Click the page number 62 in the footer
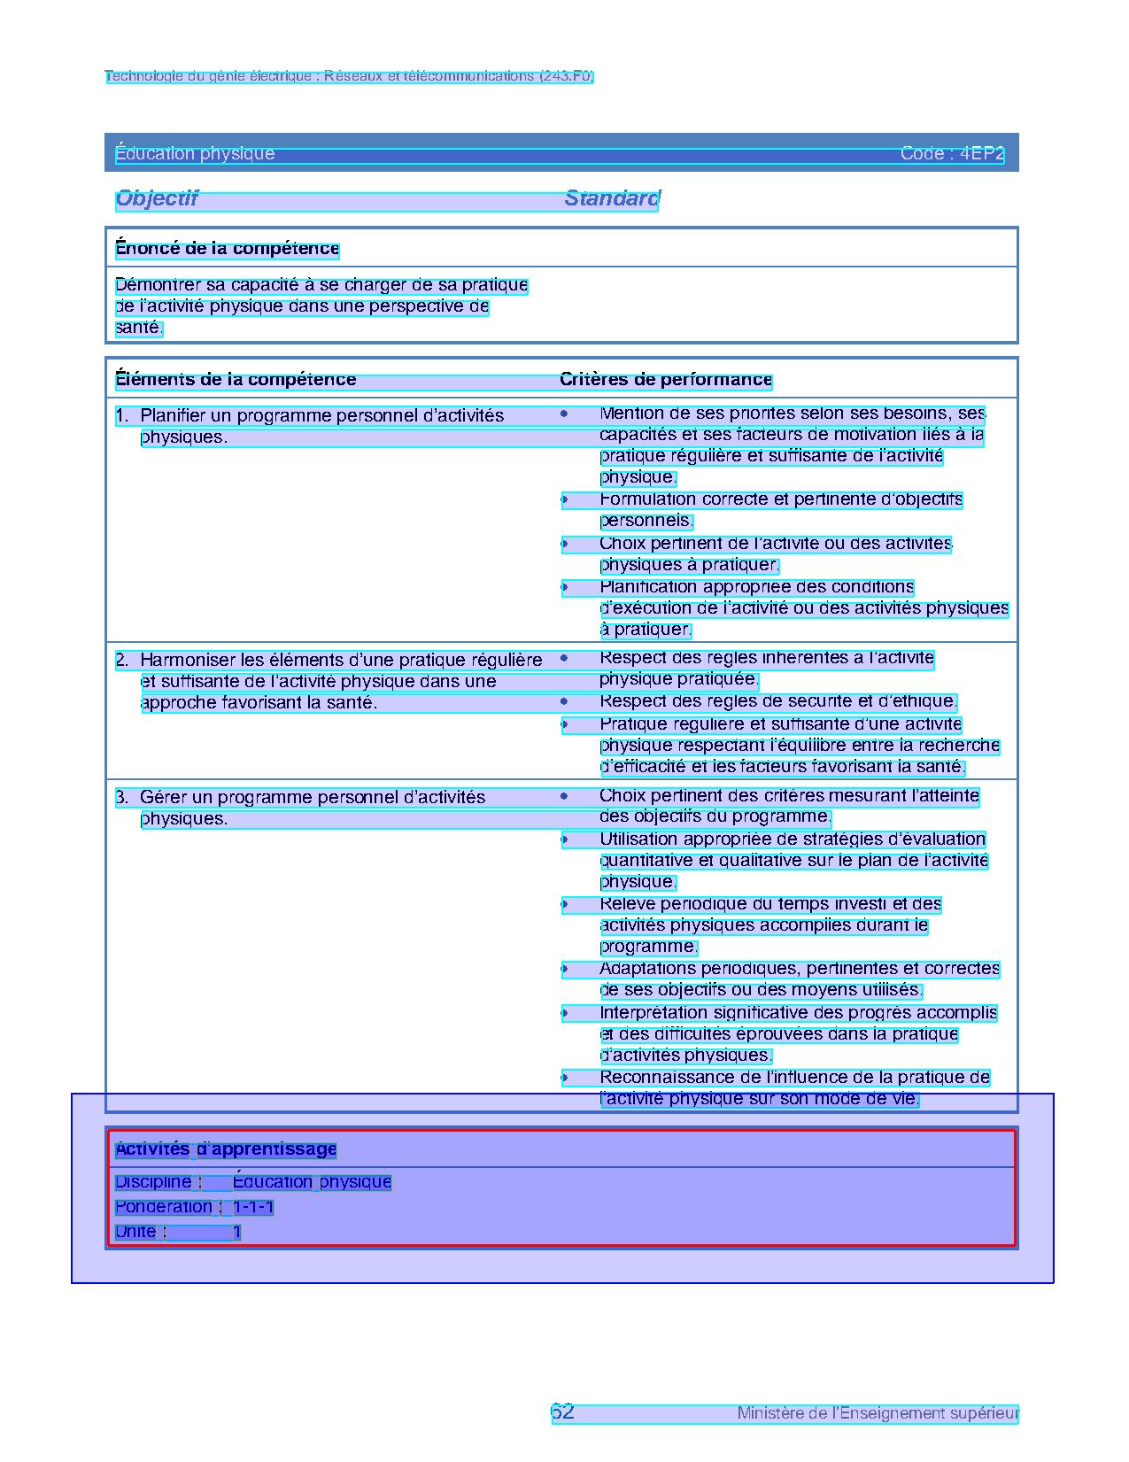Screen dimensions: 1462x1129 (562, 1412)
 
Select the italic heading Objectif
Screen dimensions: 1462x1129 (157, 198)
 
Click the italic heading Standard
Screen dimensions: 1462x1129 (612, 198)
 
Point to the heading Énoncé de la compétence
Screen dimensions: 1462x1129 (227, 249)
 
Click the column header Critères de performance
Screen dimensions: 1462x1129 (666, 380)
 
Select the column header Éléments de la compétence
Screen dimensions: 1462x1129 (236, 380)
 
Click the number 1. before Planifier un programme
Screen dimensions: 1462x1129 (122, 415)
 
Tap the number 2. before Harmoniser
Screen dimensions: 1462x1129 (122, 660)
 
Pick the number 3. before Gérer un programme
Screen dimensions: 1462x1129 (122, 797)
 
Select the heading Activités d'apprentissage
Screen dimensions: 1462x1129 (226, 1149)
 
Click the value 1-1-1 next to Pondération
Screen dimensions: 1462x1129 (253, 1207)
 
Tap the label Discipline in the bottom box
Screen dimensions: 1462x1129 (153, 1182)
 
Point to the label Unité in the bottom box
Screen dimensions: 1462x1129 (135, 1232)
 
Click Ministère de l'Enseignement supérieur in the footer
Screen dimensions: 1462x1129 (878, 1413)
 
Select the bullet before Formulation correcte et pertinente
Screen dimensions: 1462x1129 (564, 499)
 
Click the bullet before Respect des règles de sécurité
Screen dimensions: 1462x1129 (564, 701)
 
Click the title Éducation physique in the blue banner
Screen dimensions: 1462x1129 (195, 154)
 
